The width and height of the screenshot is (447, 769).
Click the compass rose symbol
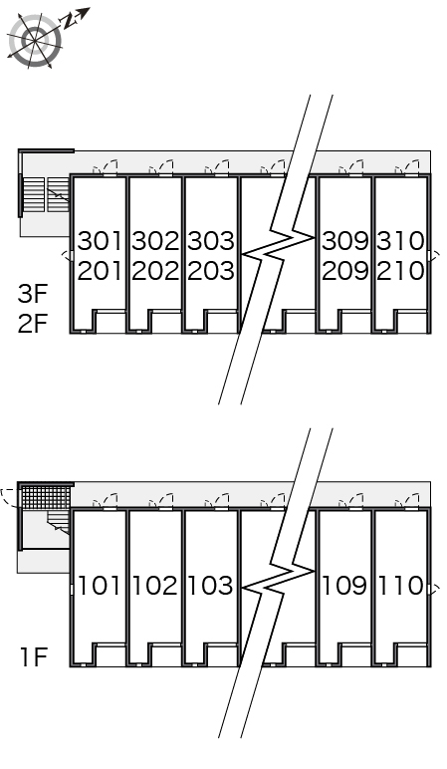[35, 41]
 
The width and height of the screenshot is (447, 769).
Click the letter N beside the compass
[69, 20]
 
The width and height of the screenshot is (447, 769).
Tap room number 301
[100, 241]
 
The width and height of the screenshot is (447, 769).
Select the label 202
[155, 271]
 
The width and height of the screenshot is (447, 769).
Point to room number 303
[211, 241]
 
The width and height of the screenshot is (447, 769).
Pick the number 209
[345, 271]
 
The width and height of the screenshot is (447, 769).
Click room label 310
[400, 241]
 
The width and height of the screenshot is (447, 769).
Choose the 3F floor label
[33, 293]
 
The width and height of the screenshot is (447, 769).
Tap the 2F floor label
[33, 323]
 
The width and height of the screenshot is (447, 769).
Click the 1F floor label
[33, 656]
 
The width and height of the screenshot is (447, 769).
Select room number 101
[100, 586]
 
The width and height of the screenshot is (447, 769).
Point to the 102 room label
[155, 586]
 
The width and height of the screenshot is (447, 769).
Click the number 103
[210, 586]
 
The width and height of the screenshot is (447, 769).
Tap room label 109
[344, 586]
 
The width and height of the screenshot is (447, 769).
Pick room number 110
[401, 586]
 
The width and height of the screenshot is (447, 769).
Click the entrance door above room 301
[107, 167]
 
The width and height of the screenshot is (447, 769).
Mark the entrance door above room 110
[408, 501]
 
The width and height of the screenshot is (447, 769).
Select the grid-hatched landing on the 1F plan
[46, 498]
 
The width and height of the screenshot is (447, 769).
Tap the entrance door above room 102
[161, 501]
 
